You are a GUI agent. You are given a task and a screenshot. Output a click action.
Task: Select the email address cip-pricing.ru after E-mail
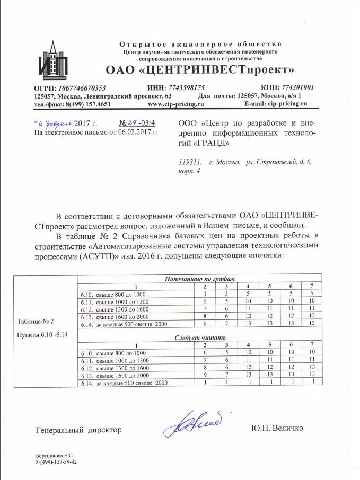coord(287,104)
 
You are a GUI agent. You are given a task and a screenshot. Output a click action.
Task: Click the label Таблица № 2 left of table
coord(36,322)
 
